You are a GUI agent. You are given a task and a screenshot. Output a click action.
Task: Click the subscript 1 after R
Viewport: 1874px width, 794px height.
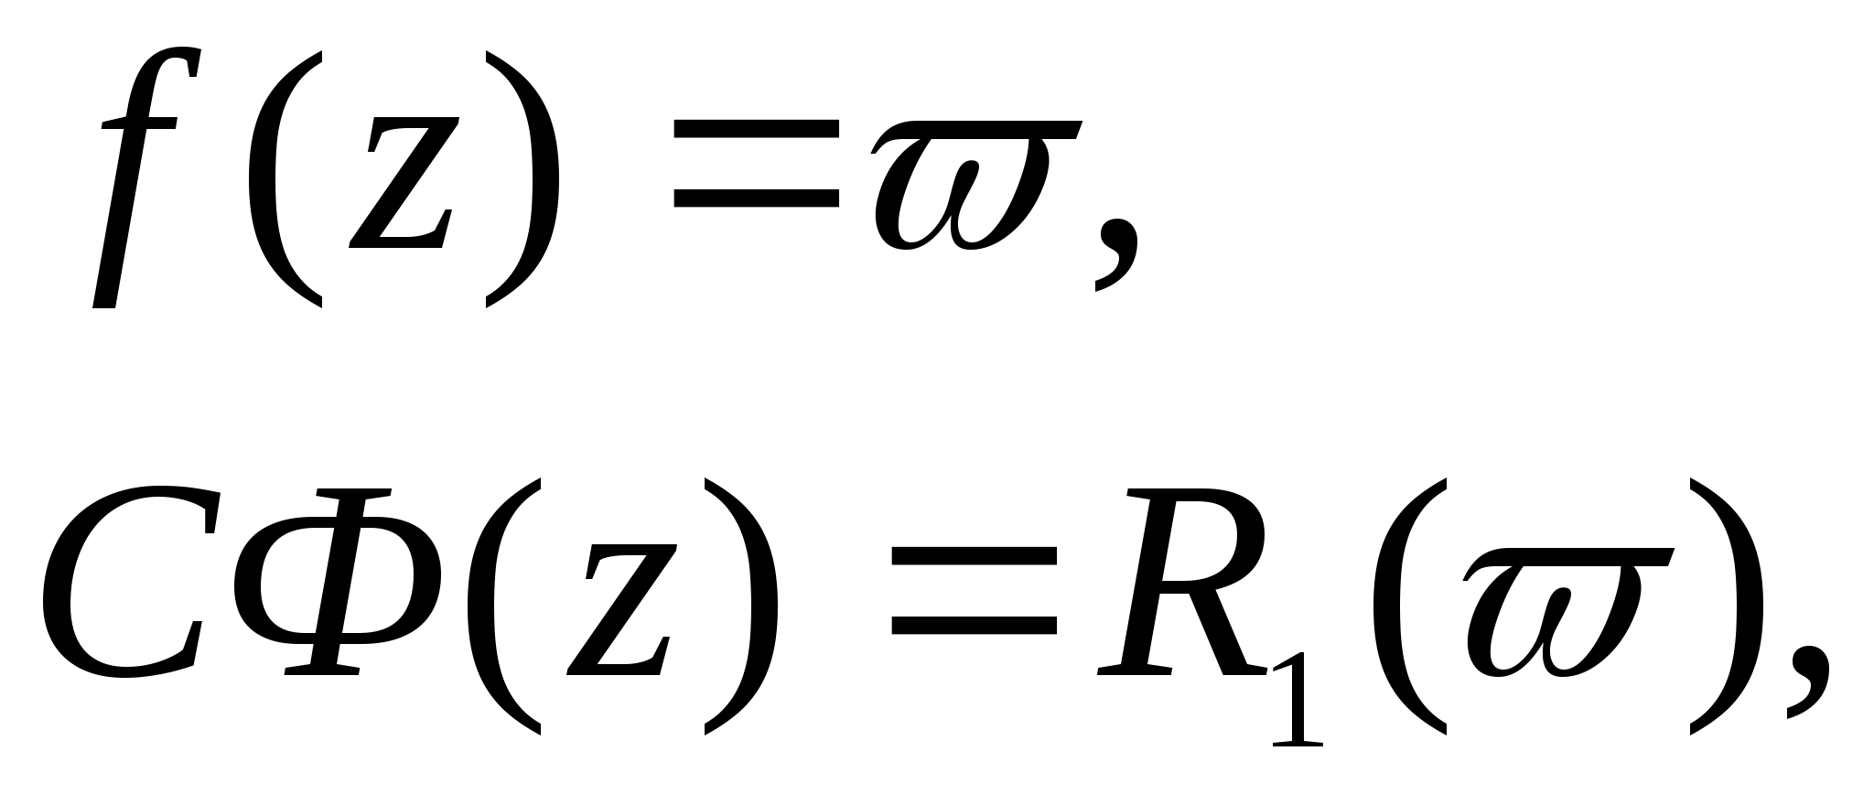coord(1298,709)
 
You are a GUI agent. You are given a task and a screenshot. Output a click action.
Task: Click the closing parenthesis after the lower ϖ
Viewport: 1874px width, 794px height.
coord(1725,604)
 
